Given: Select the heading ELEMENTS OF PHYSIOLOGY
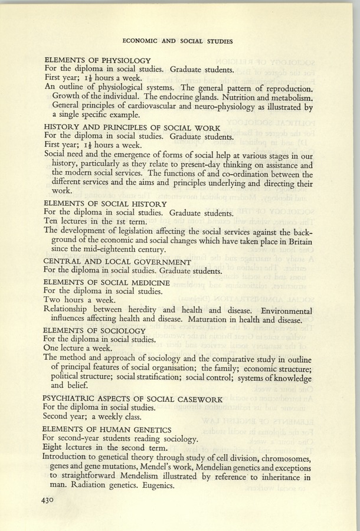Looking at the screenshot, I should [98, 60].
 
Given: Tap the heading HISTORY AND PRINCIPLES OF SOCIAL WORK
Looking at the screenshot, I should [132, 127].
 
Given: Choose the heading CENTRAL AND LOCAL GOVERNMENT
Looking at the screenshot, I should [117, 261].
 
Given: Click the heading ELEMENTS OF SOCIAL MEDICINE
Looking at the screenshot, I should [107, 283].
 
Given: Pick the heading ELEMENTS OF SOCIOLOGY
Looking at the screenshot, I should [94, 330].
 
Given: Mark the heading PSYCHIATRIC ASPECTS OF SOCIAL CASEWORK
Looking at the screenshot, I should [133, 399].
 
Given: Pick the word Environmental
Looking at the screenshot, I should [277, 310].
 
